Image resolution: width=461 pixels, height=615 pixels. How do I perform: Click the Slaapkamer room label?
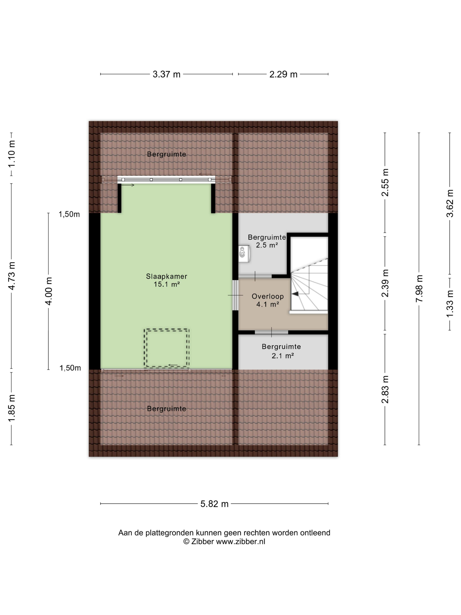(166, 276)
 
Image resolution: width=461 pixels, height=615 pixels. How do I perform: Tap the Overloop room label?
(268, 296)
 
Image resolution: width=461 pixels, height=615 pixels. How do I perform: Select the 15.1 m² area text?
(166, 284)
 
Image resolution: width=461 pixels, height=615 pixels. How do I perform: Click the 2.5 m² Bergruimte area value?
(267, 245)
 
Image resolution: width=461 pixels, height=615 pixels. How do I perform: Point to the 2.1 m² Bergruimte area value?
(283, 356)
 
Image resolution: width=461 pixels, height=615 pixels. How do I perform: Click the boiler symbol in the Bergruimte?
(244, 253)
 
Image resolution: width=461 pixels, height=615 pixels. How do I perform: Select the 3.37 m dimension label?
(166, 74)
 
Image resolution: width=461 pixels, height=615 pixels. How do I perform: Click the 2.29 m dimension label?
(283, 74)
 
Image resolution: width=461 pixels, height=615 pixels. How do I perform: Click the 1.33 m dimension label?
(450, 303)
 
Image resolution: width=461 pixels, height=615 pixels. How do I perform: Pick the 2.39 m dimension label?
(385, 283)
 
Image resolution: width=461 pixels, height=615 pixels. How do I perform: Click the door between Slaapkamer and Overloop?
(235, 295)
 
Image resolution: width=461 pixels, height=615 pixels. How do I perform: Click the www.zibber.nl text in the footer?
(240, 541)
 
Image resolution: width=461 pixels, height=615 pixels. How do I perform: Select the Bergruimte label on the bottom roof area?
(166, 409)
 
